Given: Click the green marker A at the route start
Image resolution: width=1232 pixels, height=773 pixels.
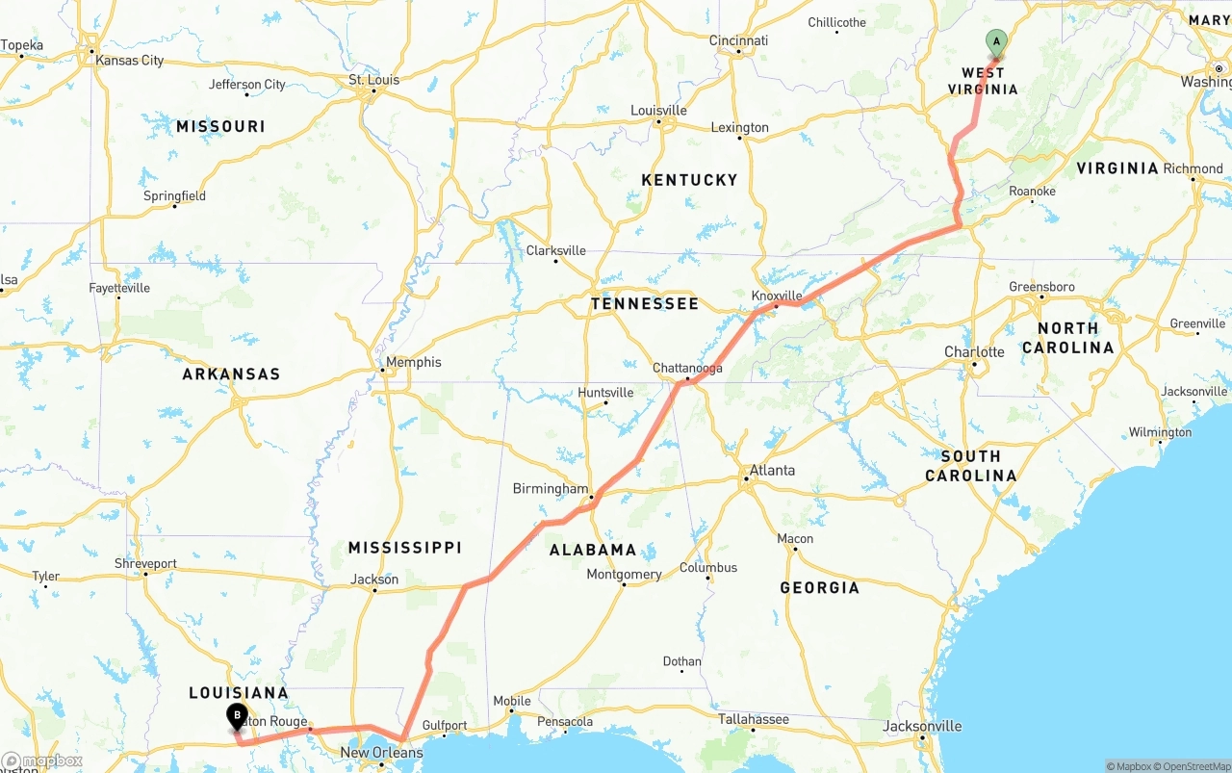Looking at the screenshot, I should coord(996,42).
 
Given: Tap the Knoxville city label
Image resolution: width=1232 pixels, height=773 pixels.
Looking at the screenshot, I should coord(777,296).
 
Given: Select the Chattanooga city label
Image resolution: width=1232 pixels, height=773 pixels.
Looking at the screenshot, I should coord(687,369).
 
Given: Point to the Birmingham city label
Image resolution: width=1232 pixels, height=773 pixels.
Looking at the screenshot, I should coord(550,489).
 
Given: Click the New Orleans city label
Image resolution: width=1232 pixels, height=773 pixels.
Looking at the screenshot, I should coord(381,753).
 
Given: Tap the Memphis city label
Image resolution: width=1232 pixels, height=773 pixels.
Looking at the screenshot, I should coord(414,362).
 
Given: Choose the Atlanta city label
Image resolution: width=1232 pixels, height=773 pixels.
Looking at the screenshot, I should coord(772,471).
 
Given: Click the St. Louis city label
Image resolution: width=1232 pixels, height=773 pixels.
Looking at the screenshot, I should coord(374,80).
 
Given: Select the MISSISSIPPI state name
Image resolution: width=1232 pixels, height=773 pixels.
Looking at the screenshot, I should coord(405,548).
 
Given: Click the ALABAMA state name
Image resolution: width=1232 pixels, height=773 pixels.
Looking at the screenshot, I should coord(593,550).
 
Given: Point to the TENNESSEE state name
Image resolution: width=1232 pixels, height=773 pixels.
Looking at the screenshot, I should coord(645,304).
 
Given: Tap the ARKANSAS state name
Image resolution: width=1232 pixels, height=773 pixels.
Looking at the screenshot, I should coord(231,374).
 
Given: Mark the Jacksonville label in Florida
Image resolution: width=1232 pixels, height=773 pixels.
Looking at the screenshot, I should coord(922,726).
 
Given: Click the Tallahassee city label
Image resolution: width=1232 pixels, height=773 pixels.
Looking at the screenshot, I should coord(754,719).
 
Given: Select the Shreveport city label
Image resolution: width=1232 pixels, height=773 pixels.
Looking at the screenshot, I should coord(145,564).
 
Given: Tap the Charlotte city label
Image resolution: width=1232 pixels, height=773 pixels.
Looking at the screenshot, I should coord(974,352).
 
